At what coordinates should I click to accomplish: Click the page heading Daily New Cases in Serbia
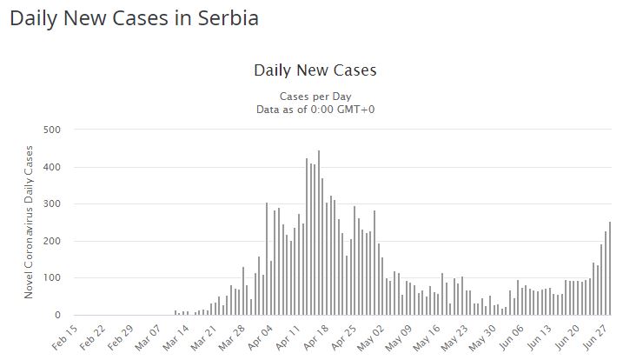134,17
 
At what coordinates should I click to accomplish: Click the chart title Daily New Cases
315,69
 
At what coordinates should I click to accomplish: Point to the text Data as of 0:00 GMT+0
315,109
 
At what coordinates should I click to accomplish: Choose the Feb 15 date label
63,336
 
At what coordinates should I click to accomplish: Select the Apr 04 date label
259,336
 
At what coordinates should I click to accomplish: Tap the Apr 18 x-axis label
315,336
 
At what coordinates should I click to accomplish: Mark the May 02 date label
372,336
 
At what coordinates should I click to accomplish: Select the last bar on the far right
610,268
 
